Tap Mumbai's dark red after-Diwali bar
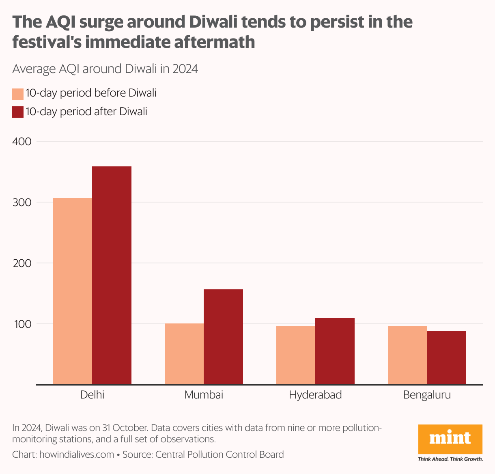tap(223, 336)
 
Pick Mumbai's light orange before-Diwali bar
tap(184, 353)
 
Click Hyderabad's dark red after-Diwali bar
tap(335, 351)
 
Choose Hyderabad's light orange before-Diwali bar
tap(296, 355)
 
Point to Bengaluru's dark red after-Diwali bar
tap(446, 357)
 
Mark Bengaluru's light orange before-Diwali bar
tap(407, 355)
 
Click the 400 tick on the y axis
tap(22, 142)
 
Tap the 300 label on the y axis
tap(22, 203)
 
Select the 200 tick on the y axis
tap(22, 263)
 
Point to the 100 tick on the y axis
tap(22, 324)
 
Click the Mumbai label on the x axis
tap(204, 395)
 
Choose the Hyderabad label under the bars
tap(315, 395)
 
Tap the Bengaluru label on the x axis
tap(427, 395)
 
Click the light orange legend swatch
tap(18, 94)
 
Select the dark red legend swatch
tap(18, 112)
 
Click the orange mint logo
tap(450, 439)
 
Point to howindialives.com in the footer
tap(76, 455)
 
